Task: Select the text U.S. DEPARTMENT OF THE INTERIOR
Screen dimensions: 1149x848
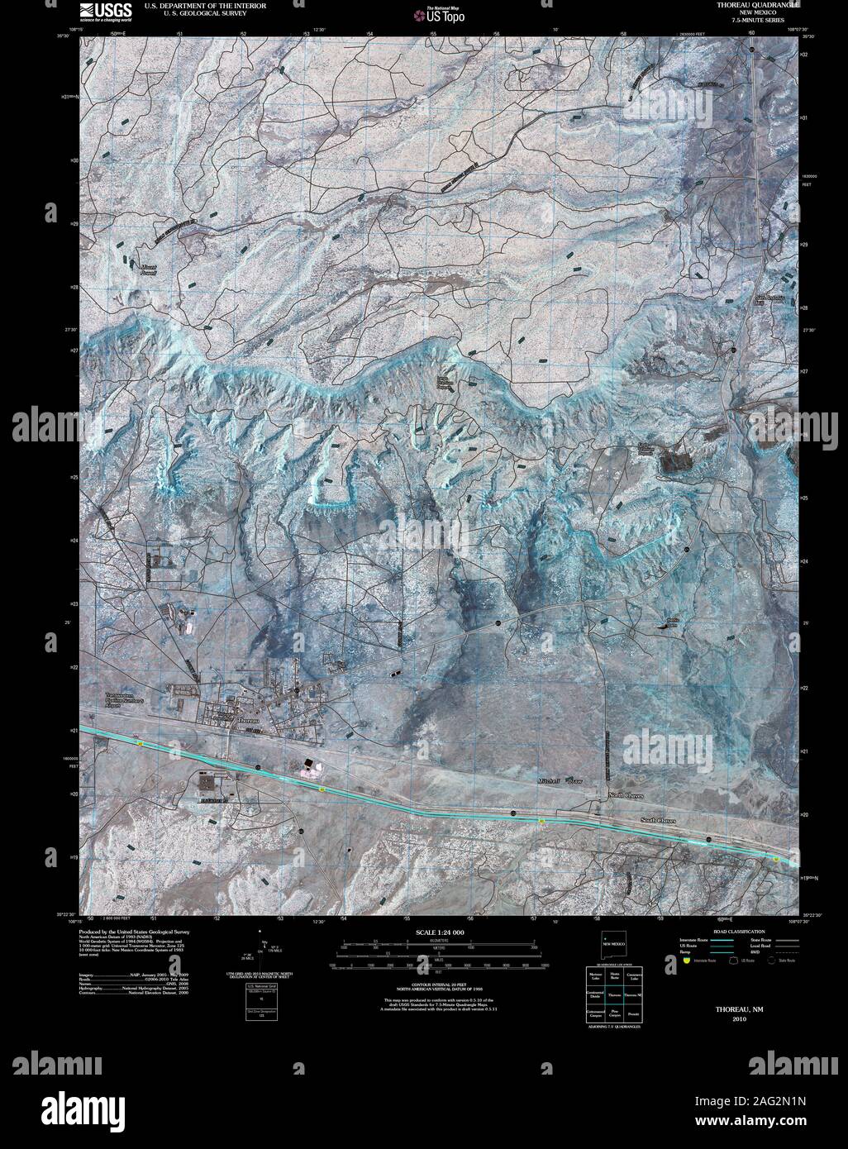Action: click(205, 5)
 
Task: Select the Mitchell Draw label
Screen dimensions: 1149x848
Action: click(560, 781)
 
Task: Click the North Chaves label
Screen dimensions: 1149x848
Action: click(626, 795)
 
